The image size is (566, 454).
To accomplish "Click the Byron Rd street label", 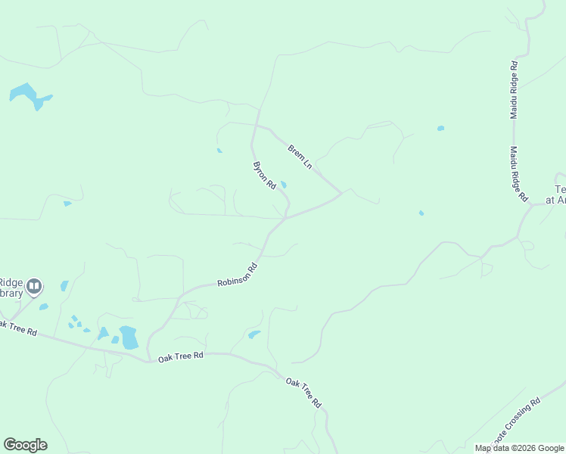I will pyautogui.click(x=264, y=175).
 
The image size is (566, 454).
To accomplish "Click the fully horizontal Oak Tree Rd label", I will pyautogui.click(x=181, y=356).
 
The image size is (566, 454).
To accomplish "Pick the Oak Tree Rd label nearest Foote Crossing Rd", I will pyautogui.click(x=304, y=393).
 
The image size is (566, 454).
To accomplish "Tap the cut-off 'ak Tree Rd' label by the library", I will pyautogui.click(x=17, y=328).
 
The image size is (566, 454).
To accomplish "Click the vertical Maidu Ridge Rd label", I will pyautogui.click(x=514, y=89).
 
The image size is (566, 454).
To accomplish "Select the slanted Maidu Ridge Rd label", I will pyautogui.click(x=518, y=174).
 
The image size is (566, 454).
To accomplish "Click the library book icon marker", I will pyautogui.click(x=34, y=286).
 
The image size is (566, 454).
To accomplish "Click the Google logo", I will pyautogui.click(x=25, y=445).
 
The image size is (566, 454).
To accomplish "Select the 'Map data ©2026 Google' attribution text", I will pyautogui.click(x=519, y=448).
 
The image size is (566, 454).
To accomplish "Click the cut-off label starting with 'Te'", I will pyautogui.click(x=560, y=194).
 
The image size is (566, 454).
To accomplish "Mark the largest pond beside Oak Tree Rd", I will pyautogui.click(x=129, y=337).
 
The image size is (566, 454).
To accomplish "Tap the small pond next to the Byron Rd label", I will pyautogui.click(x=284, y=185).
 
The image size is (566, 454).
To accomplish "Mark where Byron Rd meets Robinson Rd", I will pyautogui.click(x=285, y=218).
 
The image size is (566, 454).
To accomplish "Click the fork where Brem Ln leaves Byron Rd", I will pyautogui.click(x=257, y=125).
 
